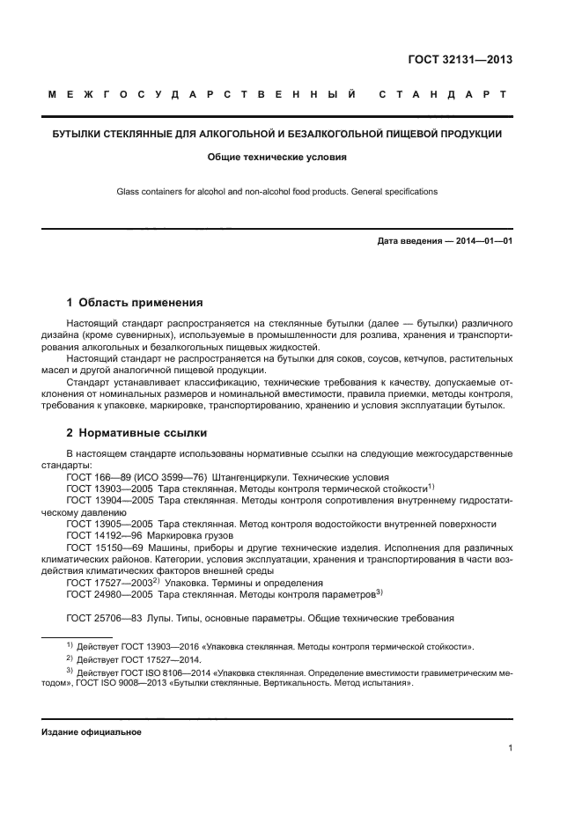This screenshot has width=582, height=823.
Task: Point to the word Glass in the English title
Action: tap(129, 191)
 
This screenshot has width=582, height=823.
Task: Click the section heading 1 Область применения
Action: tap(135, 302)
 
